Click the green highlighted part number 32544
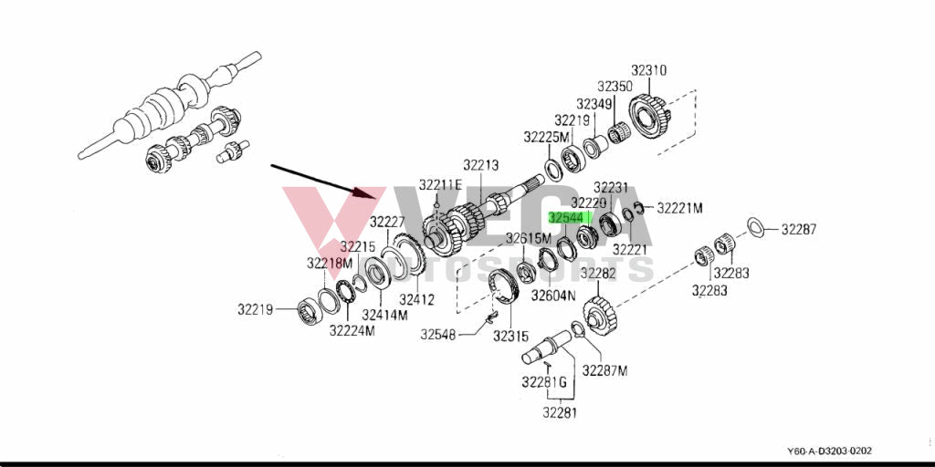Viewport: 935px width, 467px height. (x=565, y=218)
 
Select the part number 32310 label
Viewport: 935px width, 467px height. (x=648, y=70)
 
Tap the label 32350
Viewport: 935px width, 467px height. (x=615, y=86)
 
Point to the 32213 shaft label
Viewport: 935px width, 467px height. (x=480, y=165)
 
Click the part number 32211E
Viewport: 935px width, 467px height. (x=441, y=185)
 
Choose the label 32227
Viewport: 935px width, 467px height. (x=387, y=222)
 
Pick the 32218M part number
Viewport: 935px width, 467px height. (x=330, y=263)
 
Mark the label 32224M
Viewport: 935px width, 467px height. (x=352, y=330)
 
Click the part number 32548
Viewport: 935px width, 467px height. (x=438, y=335)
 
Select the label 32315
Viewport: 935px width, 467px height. (x=510, y=337)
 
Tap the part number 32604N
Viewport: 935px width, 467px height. (x=554, y=296)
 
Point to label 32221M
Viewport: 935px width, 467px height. (x=680, y=208)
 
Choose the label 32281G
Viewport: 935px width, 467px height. (x=545, y=381)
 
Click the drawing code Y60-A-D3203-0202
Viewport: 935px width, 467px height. (x=830, y=451)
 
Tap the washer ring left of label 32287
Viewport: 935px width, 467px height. (x=756, y=225)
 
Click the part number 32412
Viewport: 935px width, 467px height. (x=416, y=299)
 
